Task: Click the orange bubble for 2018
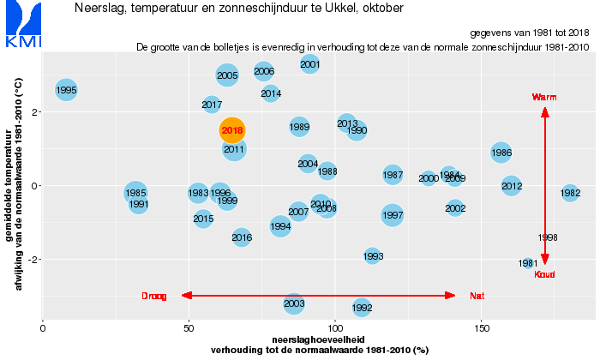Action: pyautogui.click(x=232, y=130)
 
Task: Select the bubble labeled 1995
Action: pyautogui.click(x=66, y=90)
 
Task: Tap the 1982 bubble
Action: pyautogui.click(x=570, y=194)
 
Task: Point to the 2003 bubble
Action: pyautogui.click(x=294, y=303)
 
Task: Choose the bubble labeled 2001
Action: pyautogui.click(x=310, y=63)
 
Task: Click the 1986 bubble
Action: pyautogui.click(x=502, y=153)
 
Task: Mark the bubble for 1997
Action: pyautogui.click(x=393, y=215)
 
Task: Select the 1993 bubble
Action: pyautogui.click(x=373, y=255)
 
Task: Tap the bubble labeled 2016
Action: pyautogui.click(x=242, y=237)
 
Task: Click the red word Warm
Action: pyautogui.click(x=544, y=98)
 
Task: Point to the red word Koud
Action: pyautogui.click(x=544, y=274)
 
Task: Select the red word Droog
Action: pyautogui.click(x=154, y=296)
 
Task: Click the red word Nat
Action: pyautogui.click(x=477, y=296)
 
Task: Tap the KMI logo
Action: pyautogui.click(x=22, y=26)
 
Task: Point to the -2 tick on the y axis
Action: pyautogui.click(x=32, y=260)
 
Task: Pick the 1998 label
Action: pyautogui.click(x=548, y=237)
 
